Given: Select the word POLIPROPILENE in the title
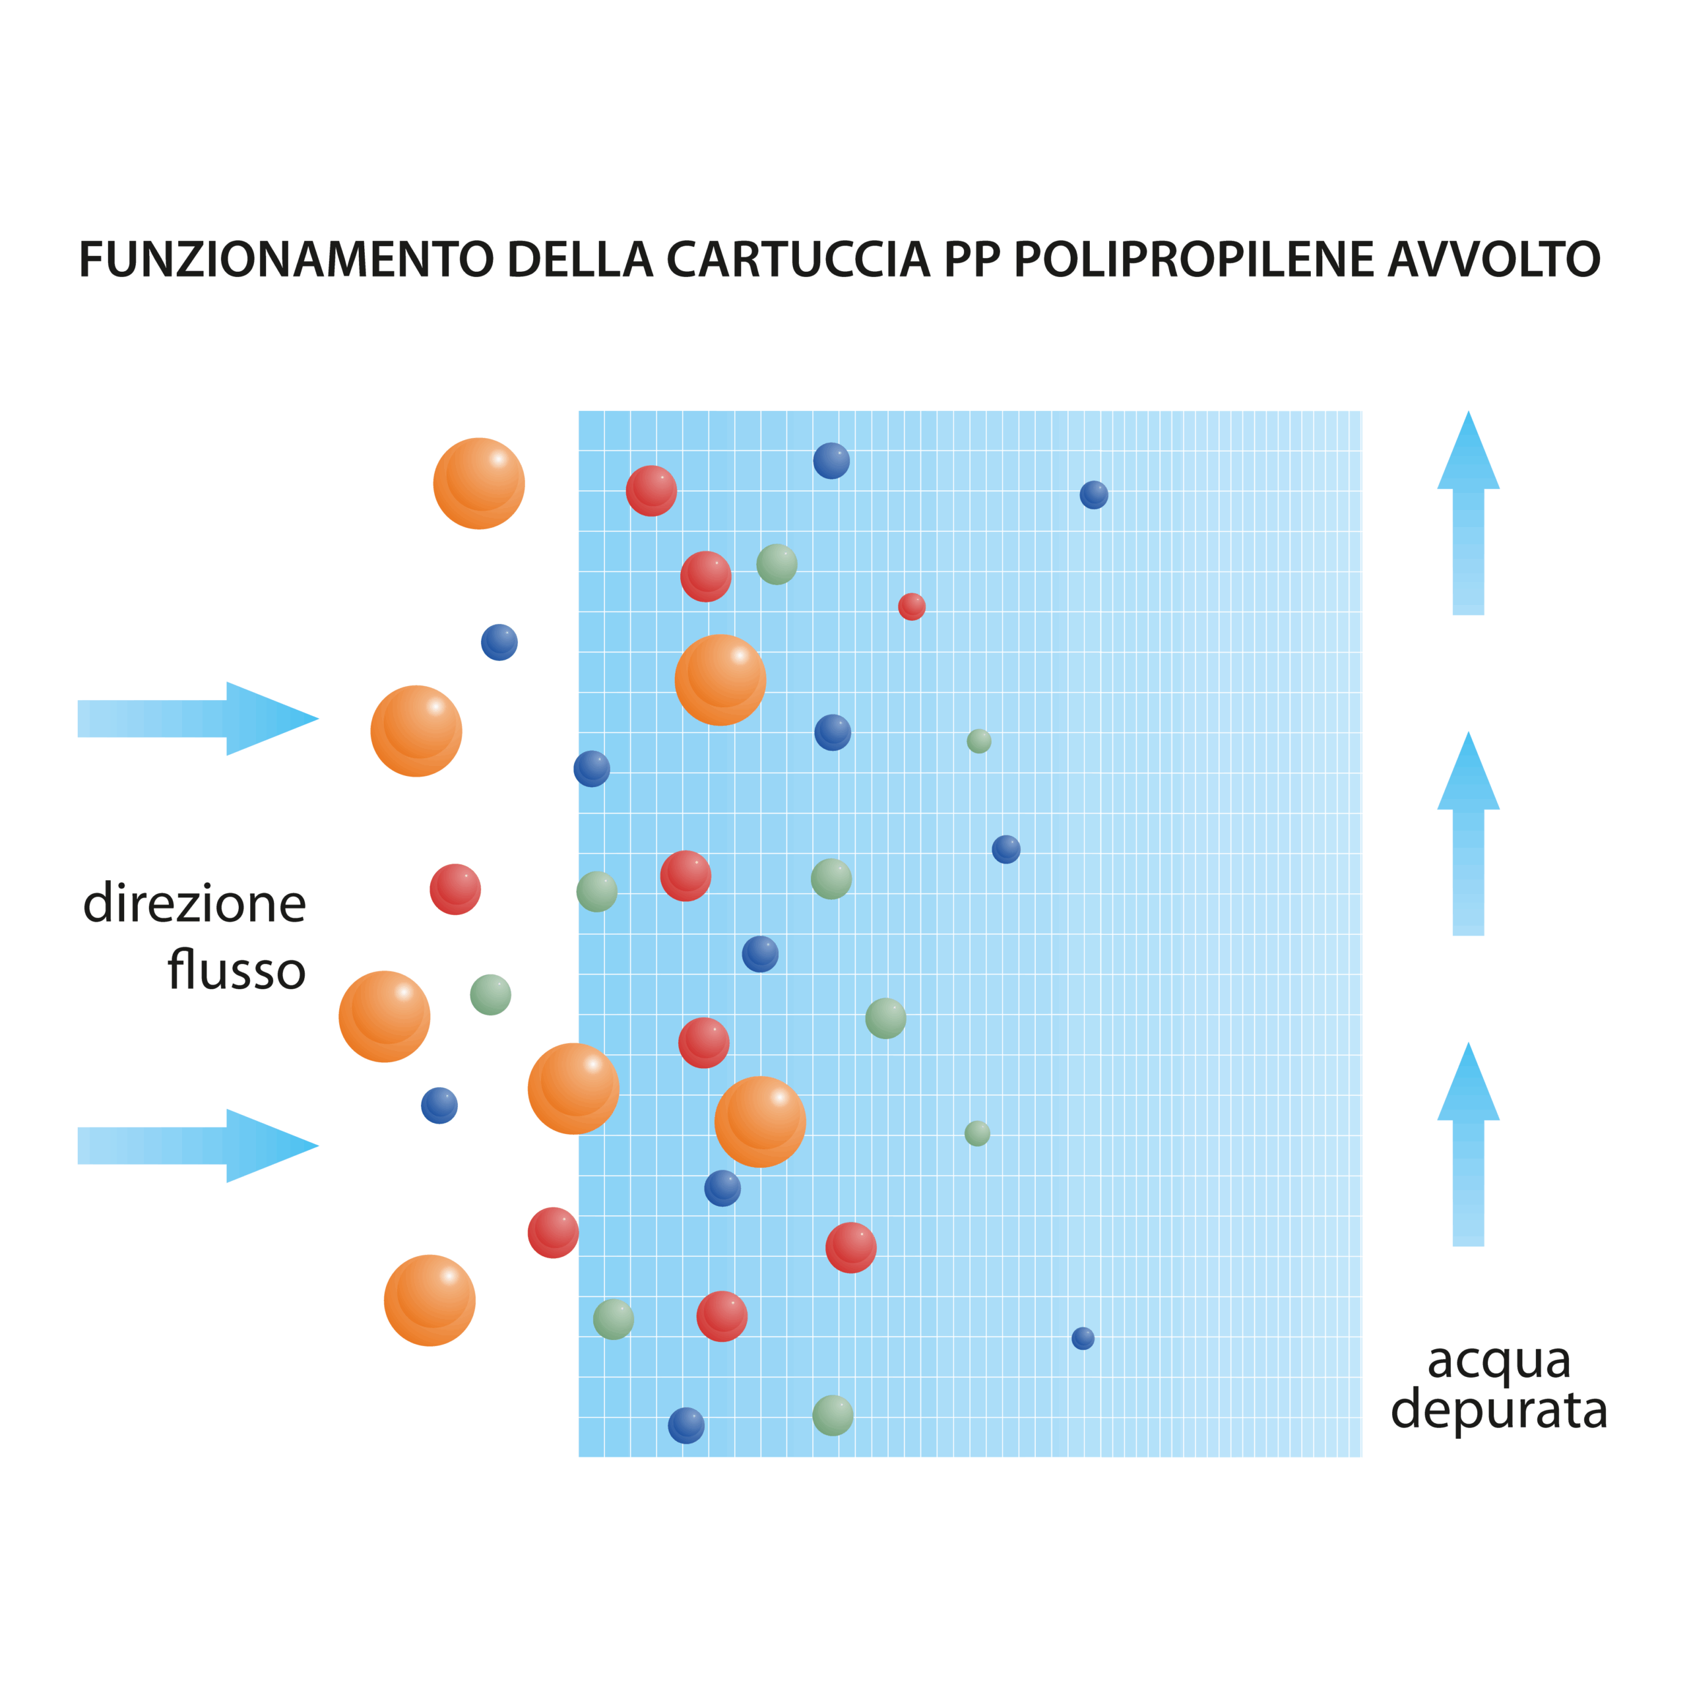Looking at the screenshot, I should (1194, 261).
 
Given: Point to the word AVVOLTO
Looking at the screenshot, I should (1495, 261).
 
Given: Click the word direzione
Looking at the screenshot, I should (195, 904).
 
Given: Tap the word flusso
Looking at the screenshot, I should (236, 971).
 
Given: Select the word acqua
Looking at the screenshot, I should (1498, 1362).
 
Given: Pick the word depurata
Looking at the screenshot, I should (1498, 1412).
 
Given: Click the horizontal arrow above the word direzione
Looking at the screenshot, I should (197, 718).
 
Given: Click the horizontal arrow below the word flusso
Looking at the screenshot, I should (197, 1146).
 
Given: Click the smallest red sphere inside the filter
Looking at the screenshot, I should (912, 607).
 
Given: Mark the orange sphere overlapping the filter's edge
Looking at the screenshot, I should (573, 1089).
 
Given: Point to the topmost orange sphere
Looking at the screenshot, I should (479, 484).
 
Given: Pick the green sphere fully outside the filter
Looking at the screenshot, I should (490, 995).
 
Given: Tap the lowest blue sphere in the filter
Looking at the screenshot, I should (686, 1426).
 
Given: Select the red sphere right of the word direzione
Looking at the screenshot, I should (455, 890).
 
